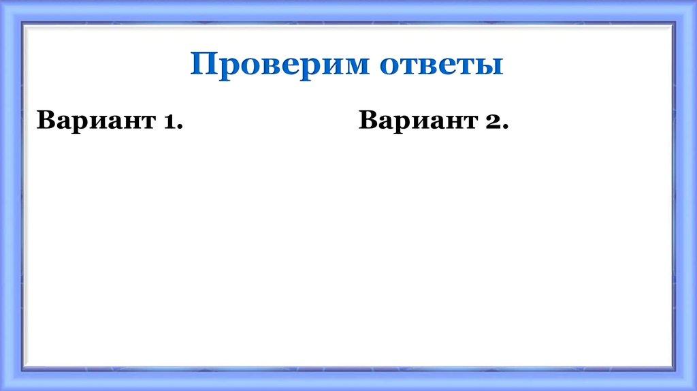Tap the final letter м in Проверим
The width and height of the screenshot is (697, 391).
355,67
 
